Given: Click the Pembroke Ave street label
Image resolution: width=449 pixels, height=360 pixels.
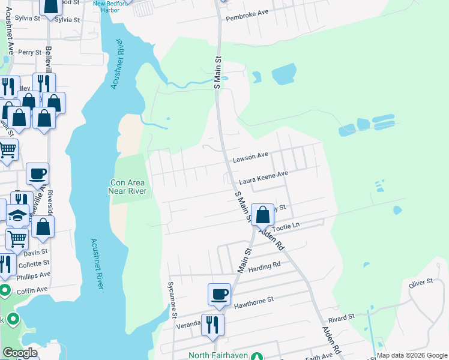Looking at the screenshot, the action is point(246,18).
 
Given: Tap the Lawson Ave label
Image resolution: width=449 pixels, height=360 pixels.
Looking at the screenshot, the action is point(250,157).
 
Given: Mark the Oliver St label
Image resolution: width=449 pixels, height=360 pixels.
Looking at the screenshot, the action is point(421,282).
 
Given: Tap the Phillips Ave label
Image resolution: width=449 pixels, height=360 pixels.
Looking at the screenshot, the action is point(34,275).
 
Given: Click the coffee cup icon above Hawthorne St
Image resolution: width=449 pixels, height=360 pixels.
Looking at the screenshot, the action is point(219,294).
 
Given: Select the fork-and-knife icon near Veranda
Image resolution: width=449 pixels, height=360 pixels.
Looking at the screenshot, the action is point(212,325).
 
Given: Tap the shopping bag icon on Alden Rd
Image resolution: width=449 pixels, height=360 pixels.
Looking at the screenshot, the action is point(262,214).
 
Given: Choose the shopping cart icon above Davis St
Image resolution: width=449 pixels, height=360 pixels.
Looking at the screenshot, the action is point(17,238).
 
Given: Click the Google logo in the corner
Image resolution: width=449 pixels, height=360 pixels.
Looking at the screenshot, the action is point(20,352).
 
